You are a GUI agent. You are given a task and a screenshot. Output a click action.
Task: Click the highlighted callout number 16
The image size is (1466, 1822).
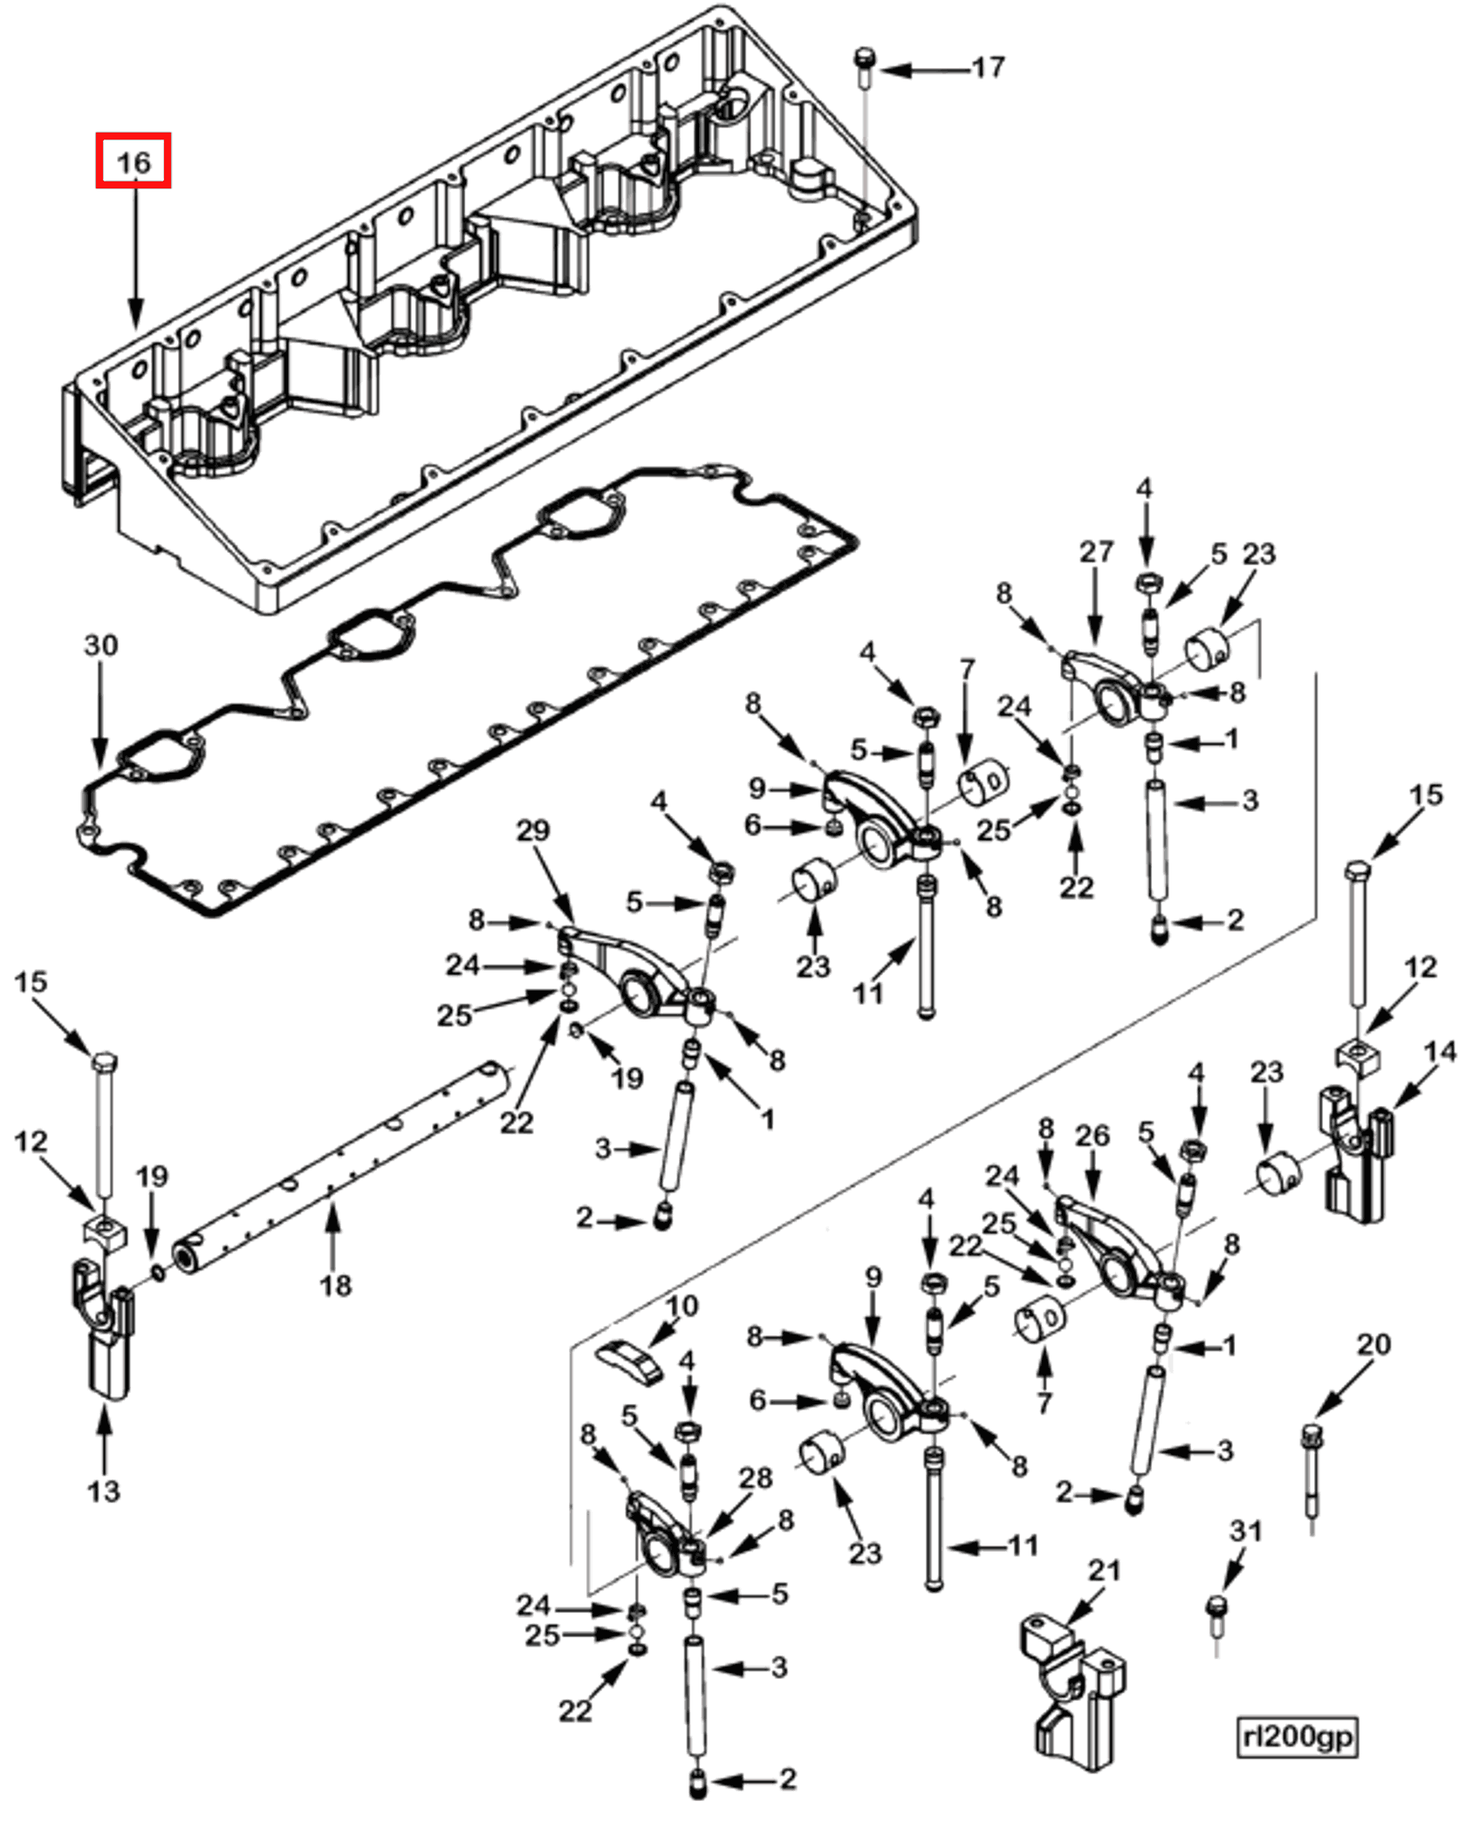click(x=133, y=161)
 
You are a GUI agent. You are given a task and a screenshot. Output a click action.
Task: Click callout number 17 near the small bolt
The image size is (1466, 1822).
click(x=988, y=67)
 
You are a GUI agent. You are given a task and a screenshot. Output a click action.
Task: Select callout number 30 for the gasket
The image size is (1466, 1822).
click(x=100, y=645)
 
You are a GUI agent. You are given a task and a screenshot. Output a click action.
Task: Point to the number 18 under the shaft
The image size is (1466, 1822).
click(x=335, y=1285)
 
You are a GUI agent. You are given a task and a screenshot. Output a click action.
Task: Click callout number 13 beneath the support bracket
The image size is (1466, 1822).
click(x=104, y=1491)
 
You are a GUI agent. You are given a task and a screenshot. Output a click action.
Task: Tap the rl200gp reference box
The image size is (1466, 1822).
click(x=1298, y=1736)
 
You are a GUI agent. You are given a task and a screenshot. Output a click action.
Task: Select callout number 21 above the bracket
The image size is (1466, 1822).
click(x=1104, y=1570)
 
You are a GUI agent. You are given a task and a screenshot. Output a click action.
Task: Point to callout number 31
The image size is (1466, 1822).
click(x=1246, y=1531)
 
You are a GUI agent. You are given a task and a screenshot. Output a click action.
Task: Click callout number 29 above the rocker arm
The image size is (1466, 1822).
click(x=533, y=830)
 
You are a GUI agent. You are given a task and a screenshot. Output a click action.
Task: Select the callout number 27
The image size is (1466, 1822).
click(x=1097, y=551)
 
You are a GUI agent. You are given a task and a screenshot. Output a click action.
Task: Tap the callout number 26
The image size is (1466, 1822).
click(x=1093, y=1136)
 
